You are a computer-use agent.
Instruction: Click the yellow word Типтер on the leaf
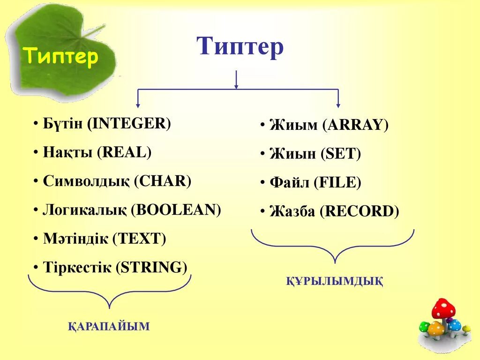coord(61,57)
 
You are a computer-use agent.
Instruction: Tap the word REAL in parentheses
coord(124,152)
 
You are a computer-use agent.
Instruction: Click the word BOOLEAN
coord(176,210)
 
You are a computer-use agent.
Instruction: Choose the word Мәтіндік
coord(75,239)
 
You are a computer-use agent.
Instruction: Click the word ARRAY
coord(355,125)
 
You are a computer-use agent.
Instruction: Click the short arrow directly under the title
coord(236,80)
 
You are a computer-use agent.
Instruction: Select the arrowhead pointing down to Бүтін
coord(137,104)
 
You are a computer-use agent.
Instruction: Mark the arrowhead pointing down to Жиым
coord(338,104)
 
